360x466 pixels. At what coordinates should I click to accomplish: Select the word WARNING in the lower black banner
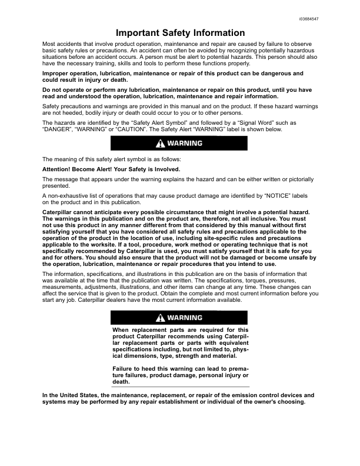point(185,318)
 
